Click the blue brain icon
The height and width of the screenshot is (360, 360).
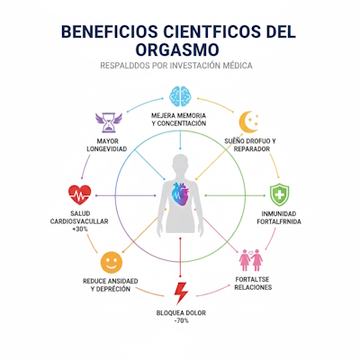[181, 97]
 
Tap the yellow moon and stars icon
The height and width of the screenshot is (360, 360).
[249, 122]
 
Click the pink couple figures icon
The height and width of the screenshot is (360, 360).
[250, 261]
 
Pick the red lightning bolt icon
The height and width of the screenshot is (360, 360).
[181, 292]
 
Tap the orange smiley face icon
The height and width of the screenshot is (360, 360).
[111, 263]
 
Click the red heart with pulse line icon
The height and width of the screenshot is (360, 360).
[79, 195]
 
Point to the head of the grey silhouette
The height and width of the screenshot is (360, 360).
[180, 161]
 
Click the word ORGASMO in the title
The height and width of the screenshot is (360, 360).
[180, 50]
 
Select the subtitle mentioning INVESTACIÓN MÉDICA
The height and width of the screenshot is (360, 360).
[180, 67]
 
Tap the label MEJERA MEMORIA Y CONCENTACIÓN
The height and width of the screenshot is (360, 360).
[181, 121]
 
